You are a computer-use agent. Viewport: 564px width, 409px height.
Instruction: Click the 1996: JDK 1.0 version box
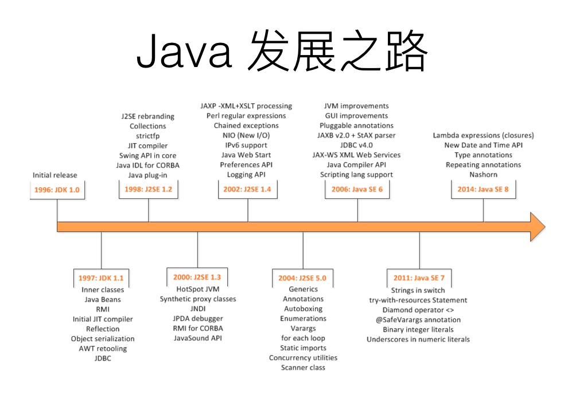click(57, 189)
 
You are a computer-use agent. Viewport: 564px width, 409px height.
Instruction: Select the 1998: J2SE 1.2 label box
click(148, 189)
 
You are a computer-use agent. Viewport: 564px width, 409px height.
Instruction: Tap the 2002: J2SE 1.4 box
click(247, 189)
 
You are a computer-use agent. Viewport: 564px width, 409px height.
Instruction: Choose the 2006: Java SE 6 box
click(357, 189)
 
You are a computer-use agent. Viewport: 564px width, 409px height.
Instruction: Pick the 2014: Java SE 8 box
click(483, 189)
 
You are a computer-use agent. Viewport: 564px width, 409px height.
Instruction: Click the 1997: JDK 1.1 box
click(101, 278)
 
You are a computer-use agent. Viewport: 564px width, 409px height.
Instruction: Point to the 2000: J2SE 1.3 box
click(197, 277)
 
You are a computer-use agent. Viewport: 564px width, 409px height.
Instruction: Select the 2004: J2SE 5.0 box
click(302, 278)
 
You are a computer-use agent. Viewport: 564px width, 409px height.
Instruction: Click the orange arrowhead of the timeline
click(536, 226)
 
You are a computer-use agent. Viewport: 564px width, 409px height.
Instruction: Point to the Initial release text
click(55, 175)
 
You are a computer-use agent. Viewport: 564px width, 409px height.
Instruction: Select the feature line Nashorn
click(483, 174)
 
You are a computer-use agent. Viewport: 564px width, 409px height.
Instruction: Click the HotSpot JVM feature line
click(197, 289)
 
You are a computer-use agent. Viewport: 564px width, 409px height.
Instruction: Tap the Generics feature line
click(303, 289)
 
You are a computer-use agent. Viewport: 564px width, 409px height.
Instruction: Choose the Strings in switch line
click(418, 290)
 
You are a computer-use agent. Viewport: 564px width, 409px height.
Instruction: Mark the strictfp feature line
click(148, 136)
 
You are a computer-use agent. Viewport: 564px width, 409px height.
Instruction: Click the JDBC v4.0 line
click(356, 145)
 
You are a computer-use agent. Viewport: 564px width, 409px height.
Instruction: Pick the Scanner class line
click(303, 367)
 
